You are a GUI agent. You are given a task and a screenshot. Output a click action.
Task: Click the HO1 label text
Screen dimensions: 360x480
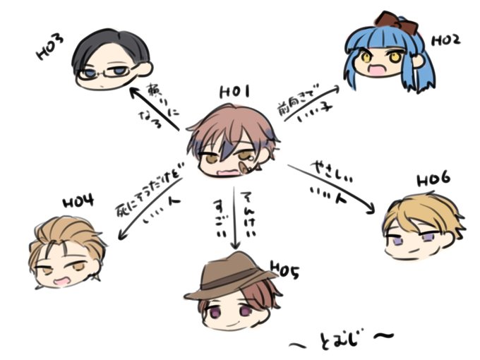[x=234, y=92]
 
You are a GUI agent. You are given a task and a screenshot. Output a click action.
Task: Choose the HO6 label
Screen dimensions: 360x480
[x=433, y=178]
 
